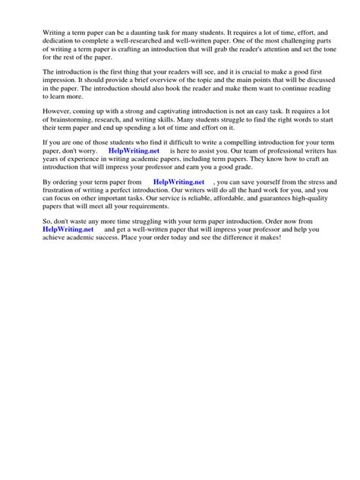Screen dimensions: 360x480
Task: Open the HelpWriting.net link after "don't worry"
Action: pyautogui.click(x=135, y=163)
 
